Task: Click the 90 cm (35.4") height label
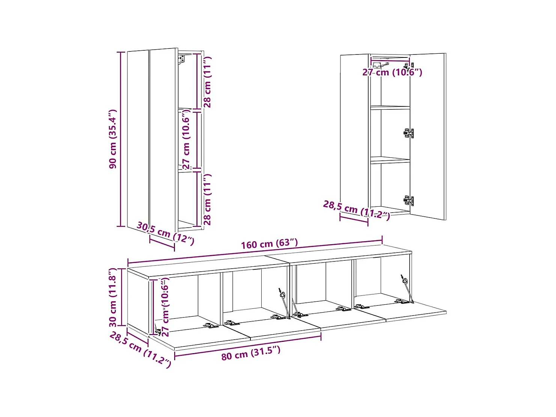113,139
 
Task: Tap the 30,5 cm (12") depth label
165,233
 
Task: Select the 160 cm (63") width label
269,244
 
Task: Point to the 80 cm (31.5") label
250,353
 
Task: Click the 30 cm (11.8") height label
113,297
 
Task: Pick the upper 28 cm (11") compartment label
207,82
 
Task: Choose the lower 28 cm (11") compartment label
207,199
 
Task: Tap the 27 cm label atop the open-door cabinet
392,72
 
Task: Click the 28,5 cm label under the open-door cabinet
356,210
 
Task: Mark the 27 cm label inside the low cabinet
165,307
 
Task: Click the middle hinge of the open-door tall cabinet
409,133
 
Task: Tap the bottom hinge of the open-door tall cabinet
409,200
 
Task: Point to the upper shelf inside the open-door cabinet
390,107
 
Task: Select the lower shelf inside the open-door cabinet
390,160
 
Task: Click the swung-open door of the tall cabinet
428,135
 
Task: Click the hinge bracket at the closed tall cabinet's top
182,59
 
